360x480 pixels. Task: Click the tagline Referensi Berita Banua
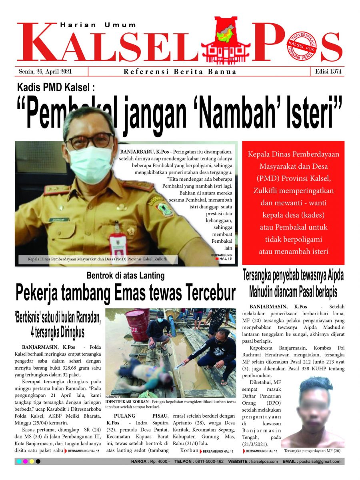tap(180, 72)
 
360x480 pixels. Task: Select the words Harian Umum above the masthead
tap(98, 25)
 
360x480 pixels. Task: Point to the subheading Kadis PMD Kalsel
tap(56, 87)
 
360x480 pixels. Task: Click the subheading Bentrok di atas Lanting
tap(126, 276)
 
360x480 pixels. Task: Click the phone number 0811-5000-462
tap(208, 462)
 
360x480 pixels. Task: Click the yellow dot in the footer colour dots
tap(32, 462)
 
